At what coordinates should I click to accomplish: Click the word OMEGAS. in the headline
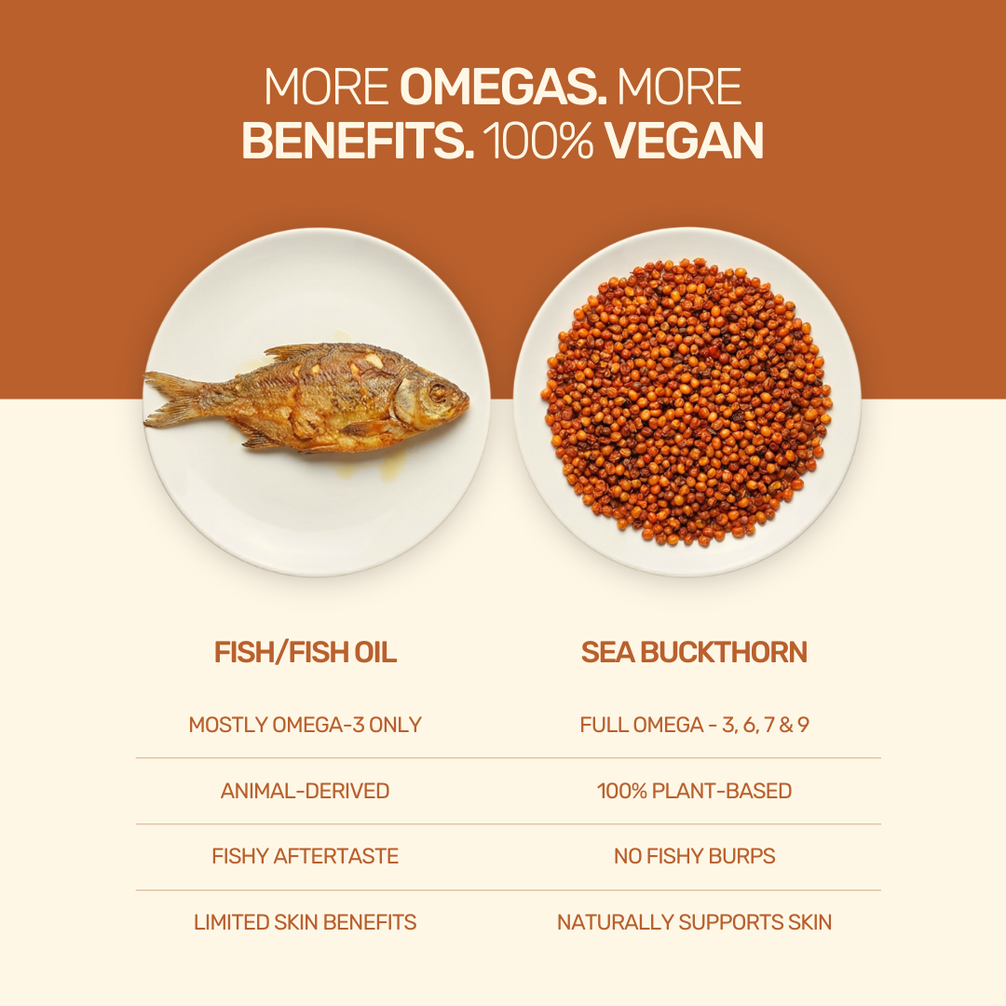coord(503,87)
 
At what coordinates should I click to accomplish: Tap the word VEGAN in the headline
coord(684,141)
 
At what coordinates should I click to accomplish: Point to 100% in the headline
coord(538,141)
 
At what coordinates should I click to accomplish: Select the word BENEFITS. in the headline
coord(358,141)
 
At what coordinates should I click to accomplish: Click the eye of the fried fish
coord(439,391)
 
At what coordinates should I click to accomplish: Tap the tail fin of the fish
coord(170,399)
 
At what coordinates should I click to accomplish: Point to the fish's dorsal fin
coord(302,351)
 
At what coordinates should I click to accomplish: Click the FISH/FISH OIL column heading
coord(306,652)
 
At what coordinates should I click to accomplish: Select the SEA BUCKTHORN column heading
coord(694,652)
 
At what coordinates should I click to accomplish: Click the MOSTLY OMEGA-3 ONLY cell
coord(306,725)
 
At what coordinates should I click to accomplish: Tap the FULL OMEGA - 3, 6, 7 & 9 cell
coord(694,725)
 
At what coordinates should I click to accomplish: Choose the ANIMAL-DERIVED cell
coord(306,791)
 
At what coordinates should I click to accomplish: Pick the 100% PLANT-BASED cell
coord(694,791)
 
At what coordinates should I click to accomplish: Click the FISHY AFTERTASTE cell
coord(306,857)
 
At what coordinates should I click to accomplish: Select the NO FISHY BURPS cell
coord(694,857)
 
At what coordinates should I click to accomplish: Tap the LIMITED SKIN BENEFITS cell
coord(306,922)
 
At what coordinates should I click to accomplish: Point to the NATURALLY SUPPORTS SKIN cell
coord(694,922)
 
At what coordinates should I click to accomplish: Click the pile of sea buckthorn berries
coord(687,402)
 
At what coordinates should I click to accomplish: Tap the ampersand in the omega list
coord(786,725)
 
